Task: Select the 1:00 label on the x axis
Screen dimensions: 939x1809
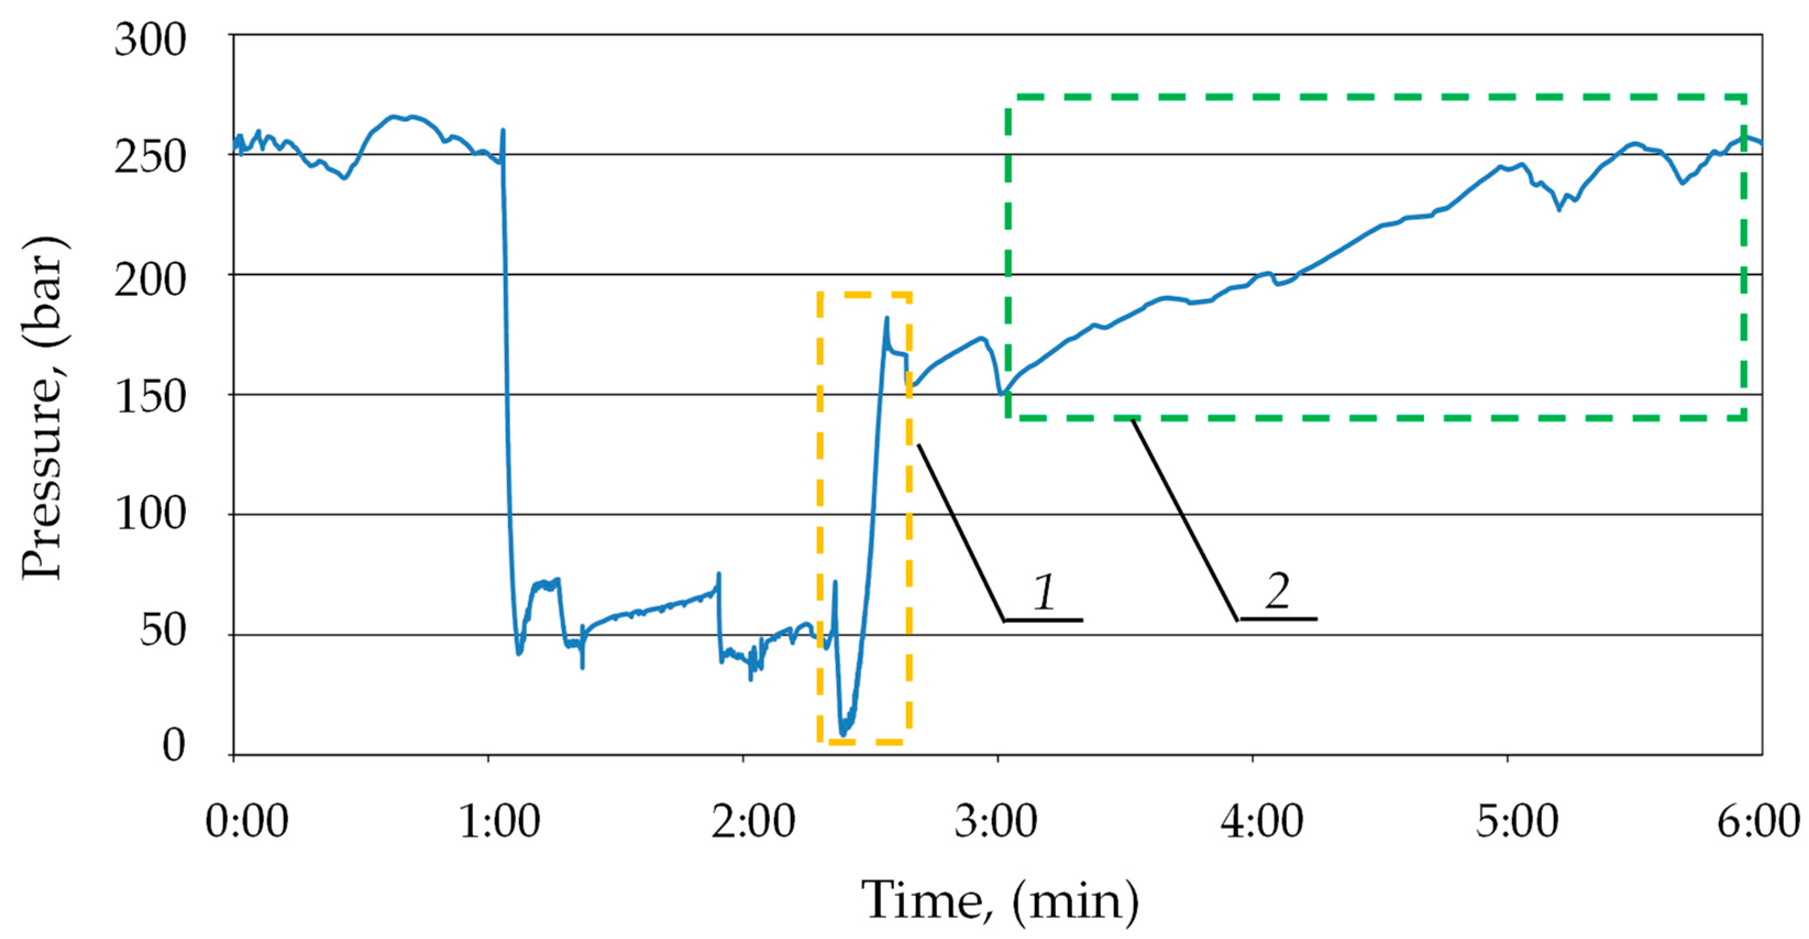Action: click(499, 821)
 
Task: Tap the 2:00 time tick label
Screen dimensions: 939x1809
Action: click(753, 821)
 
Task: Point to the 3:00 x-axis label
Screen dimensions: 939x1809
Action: click(996, 821)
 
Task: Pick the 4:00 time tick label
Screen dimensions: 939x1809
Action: click(1261, 821)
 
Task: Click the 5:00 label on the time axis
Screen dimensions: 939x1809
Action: click(1517, 821)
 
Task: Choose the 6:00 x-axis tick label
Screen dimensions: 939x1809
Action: click(1758, 821)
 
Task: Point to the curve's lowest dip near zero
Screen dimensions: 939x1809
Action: click(843, 734)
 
